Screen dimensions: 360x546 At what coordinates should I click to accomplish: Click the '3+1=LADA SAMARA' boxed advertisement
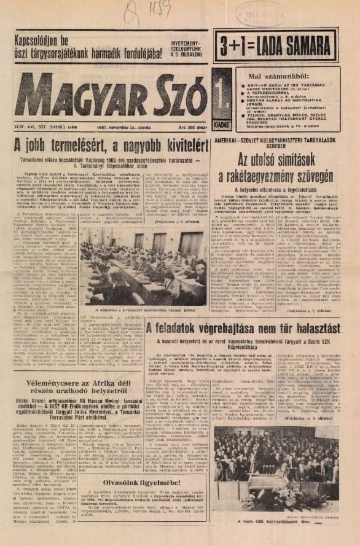pyautogui.click(x=275, y=45)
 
